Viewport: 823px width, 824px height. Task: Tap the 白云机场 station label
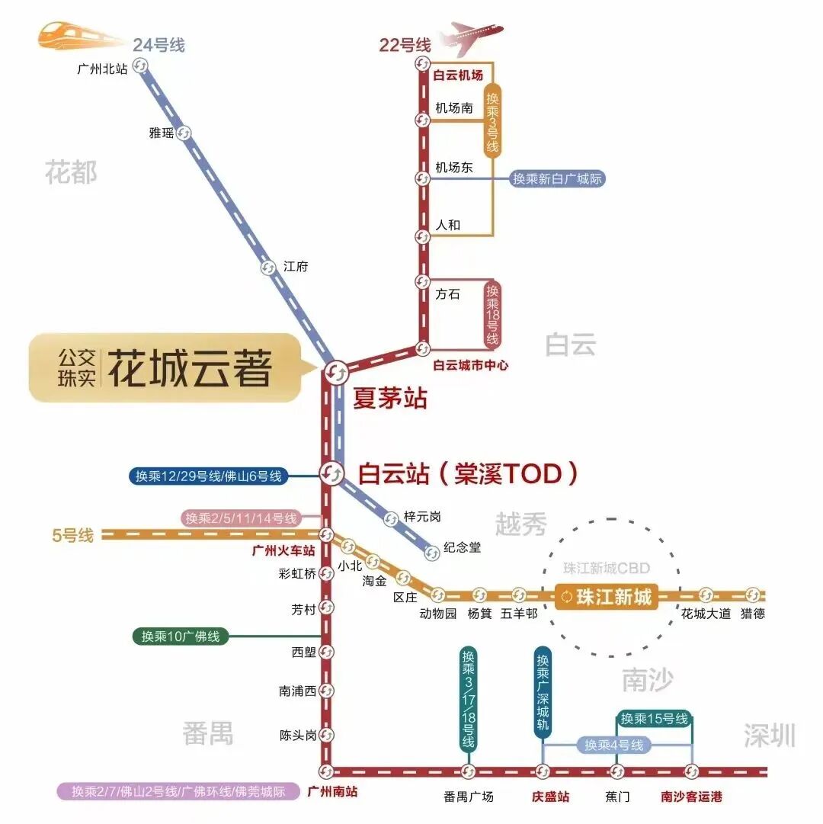(x=458, y=75)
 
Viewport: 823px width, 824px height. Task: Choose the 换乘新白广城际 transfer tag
(x=558, y=179)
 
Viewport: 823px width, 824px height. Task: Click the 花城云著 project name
(x=190, y=370)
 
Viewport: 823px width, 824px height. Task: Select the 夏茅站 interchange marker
(x=335, y=372)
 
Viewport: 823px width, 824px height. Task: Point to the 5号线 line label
(x=73, y=535)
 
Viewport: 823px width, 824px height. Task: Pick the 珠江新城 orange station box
(x=607, y=597)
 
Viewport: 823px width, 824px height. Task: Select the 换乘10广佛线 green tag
(x=181, y=636)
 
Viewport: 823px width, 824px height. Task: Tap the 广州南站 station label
(x=332, y=791)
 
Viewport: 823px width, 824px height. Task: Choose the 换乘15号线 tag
(x=654, y=719)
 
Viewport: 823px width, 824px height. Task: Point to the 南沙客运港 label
(x=691, y=797)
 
